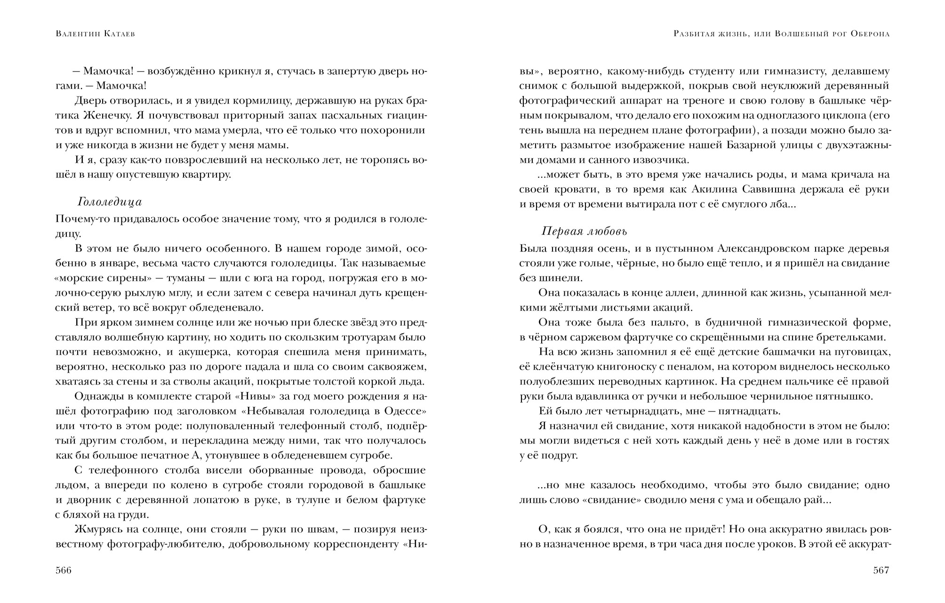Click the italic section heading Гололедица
pos(110,202)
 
